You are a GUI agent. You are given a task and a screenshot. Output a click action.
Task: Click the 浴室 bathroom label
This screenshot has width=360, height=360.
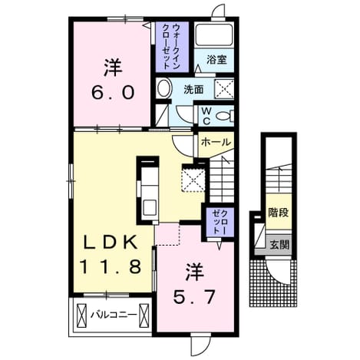[216, 61]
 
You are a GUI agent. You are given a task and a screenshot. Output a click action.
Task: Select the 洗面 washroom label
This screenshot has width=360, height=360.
[193, 90]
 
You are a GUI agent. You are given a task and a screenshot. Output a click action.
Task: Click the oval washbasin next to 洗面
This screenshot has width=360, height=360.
[163, 88]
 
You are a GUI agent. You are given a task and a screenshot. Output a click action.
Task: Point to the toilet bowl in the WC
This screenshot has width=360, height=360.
[224, 116]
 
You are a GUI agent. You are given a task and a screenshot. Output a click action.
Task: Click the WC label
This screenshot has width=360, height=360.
[206, 116]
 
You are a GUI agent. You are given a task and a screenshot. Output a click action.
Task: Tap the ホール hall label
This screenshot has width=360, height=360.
[216, 142]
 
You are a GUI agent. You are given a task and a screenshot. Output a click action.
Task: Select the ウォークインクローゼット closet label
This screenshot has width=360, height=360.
[172, 46]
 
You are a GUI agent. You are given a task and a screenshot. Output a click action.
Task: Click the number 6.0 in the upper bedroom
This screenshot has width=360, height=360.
[113, 92]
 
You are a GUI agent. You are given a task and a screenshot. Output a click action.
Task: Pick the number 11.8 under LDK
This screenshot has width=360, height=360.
[111, 266]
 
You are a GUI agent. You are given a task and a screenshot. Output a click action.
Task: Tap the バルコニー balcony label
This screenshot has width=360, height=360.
[113, 313]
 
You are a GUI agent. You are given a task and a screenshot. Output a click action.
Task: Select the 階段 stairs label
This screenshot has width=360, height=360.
[279, 213]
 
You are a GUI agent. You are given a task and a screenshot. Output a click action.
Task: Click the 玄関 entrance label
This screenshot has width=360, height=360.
[279, 245]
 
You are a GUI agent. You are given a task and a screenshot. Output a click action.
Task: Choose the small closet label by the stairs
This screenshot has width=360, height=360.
[220, 221]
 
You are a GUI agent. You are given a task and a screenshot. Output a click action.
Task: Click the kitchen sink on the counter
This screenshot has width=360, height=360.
[150, 207]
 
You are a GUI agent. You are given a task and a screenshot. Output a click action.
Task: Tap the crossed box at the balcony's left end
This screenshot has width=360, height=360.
[81, 315]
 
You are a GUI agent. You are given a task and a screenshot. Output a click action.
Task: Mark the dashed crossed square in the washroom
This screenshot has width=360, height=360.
[224, 88]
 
